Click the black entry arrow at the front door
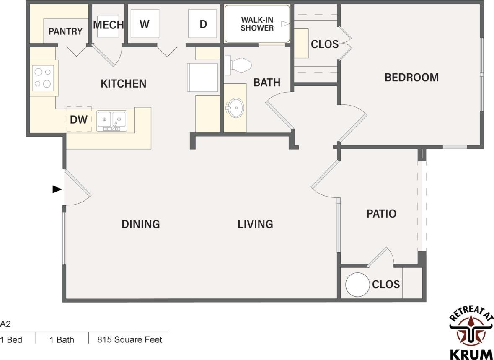coord(57,189)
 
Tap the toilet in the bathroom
coord(238,65)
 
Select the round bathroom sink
coord(235,108)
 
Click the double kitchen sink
coord(112,120)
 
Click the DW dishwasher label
coord(78,120)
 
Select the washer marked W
coord(145,24)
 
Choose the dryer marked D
coord(203,24)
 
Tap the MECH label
coord(109,25)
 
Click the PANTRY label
coord(65,31)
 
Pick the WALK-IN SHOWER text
coord(257,24)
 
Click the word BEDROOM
coord(411,78)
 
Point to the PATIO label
coord(381,214)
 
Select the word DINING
coord(141,224)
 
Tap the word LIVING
coord(255,224)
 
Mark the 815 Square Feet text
coord(129,339)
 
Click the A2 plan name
coord(5,324)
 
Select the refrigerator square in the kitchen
coord(203,77)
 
